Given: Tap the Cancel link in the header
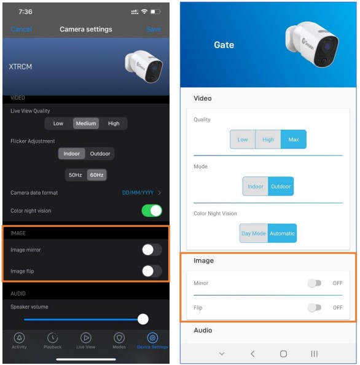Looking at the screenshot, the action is [21, 29].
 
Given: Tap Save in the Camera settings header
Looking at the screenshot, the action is [154, 29].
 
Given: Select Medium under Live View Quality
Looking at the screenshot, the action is [86, 124].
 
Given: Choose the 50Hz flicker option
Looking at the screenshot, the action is [76, 175].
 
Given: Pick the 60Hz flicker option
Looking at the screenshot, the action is [96, 175].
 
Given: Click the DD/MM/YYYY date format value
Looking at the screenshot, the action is [138, 193].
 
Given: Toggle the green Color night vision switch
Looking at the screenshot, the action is [152, 211].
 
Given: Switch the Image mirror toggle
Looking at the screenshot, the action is [152, 250].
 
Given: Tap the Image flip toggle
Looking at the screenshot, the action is [152, 271].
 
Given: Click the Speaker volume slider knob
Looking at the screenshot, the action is [143, 319].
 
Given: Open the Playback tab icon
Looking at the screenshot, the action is [53, 338].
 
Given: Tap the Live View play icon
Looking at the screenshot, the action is [86, 338].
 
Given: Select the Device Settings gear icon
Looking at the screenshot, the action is [152, 338].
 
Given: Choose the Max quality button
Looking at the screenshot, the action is [294, 139].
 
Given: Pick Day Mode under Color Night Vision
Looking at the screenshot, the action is [254, 234].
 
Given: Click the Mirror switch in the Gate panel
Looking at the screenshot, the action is [315, 283].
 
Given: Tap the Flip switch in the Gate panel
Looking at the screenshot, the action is [315, 308].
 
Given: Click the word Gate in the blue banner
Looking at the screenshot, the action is [224, 45].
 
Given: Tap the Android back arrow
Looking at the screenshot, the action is [252, 354].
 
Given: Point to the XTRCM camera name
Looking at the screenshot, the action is [20, 67].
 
